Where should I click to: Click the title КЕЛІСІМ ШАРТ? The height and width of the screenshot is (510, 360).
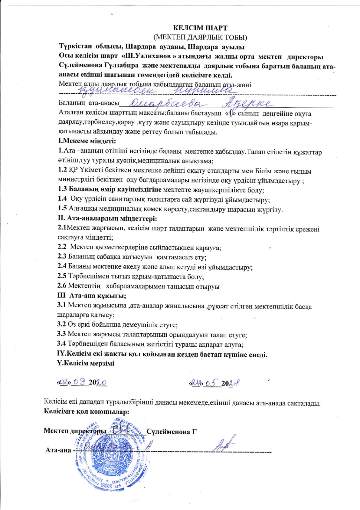200,28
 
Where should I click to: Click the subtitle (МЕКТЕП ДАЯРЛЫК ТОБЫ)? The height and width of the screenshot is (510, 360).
200,38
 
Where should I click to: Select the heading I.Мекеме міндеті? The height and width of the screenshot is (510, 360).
87,141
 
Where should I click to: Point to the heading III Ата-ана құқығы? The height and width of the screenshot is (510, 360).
92,296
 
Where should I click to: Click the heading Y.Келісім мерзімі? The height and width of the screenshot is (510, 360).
86,363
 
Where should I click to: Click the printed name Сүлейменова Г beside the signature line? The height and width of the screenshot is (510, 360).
172,431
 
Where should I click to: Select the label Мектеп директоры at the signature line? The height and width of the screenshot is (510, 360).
75,431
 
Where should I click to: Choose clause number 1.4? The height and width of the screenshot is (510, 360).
62,199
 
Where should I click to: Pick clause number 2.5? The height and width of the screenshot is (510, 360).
62,276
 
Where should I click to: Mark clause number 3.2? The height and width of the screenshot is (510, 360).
61,325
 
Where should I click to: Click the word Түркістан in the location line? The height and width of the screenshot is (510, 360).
76,47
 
